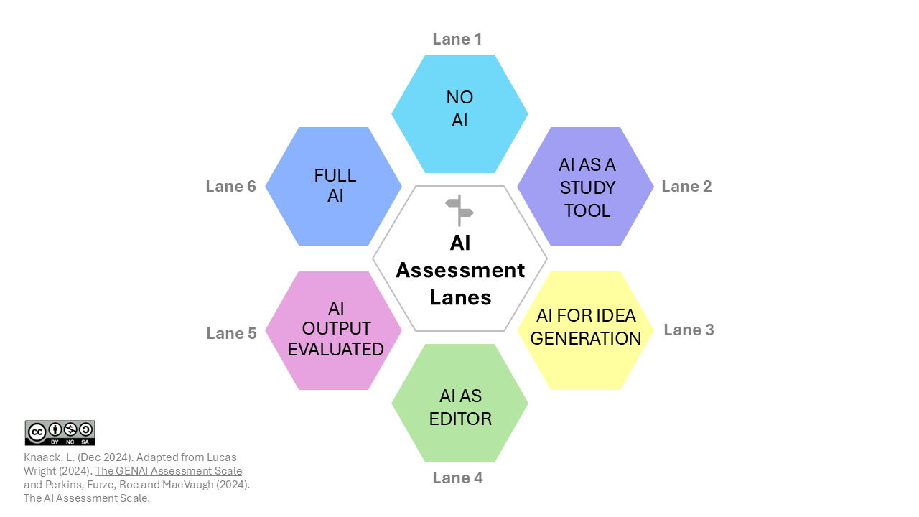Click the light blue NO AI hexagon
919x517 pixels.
[459, 113]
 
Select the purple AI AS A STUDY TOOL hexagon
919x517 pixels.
[585, 187]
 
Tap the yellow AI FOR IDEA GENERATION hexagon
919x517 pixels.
[585, 330]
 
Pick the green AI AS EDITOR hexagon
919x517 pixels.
[459, 403]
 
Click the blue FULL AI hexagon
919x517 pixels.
[334, 186]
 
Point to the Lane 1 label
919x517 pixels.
[457, 39]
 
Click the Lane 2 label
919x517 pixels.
[686, 187]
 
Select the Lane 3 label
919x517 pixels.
[689, 330]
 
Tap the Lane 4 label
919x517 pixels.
[457, 478]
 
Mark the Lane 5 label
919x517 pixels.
[231, 334]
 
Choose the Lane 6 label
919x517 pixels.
[230, 187]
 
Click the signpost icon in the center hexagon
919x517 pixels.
[459, 210]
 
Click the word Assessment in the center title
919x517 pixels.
[460, 271]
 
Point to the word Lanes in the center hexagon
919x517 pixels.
[460, 297]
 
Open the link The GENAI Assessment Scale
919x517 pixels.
[169, 471]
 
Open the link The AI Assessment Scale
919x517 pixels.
[85, 498]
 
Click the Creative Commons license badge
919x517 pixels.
[60, 432]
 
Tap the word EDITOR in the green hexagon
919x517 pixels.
[460, 419]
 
